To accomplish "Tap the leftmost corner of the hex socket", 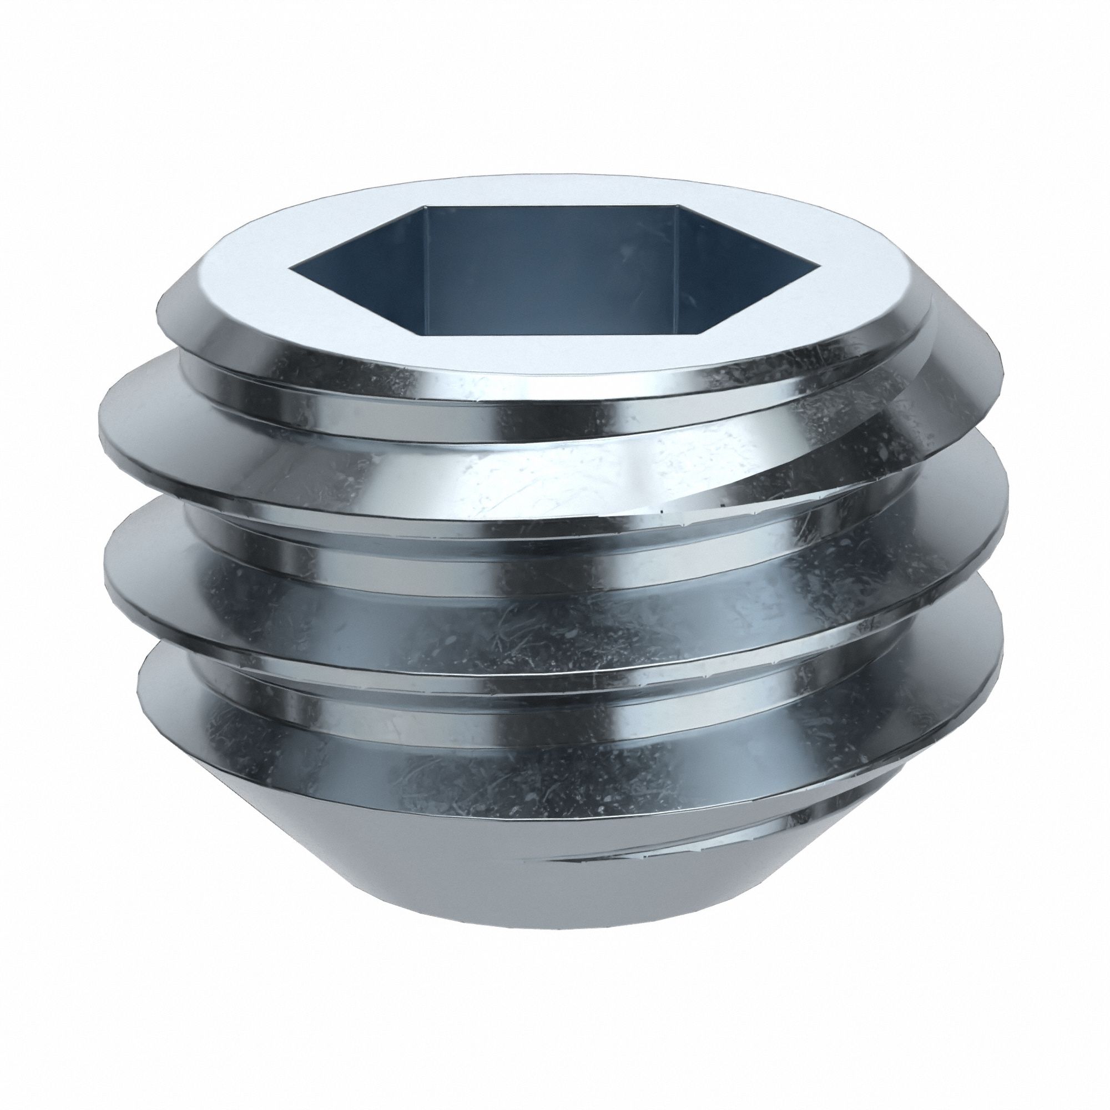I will point(291,268).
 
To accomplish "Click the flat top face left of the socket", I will point(241,270).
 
